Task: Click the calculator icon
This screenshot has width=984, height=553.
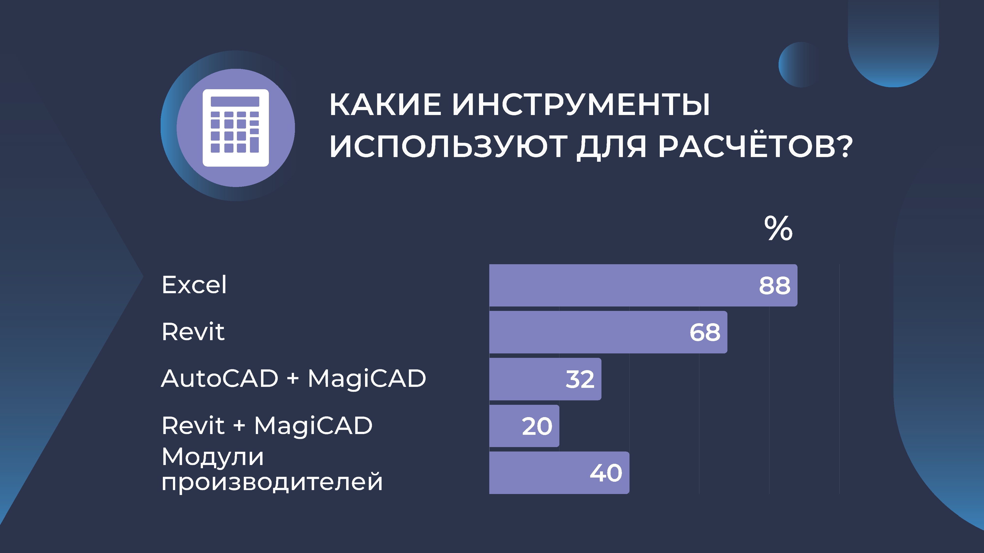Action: click(x=236, y=128)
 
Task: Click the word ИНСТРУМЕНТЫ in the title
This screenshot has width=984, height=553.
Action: click(x=581, y=104)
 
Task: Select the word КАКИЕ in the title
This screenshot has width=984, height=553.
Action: click(x=385, y=104)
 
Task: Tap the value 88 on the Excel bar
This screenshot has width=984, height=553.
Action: click(x=774, y=285)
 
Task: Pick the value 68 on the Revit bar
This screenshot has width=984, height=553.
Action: click(x=705, y=332)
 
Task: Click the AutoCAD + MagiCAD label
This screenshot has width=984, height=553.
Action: click(x=293, y=378)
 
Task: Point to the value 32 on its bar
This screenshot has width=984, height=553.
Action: click(x=580, y=379)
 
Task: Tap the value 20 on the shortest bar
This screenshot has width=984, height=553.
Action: click(x=537, y=426)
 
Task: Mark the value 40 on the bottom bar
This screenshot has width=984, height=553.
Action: click(x=606, y=473)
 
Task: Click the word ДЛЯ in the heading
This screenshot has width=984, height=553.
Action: click(x=611, y=147)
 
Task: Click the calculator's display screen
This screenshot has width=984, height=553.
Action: click(x=235, y=102)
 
